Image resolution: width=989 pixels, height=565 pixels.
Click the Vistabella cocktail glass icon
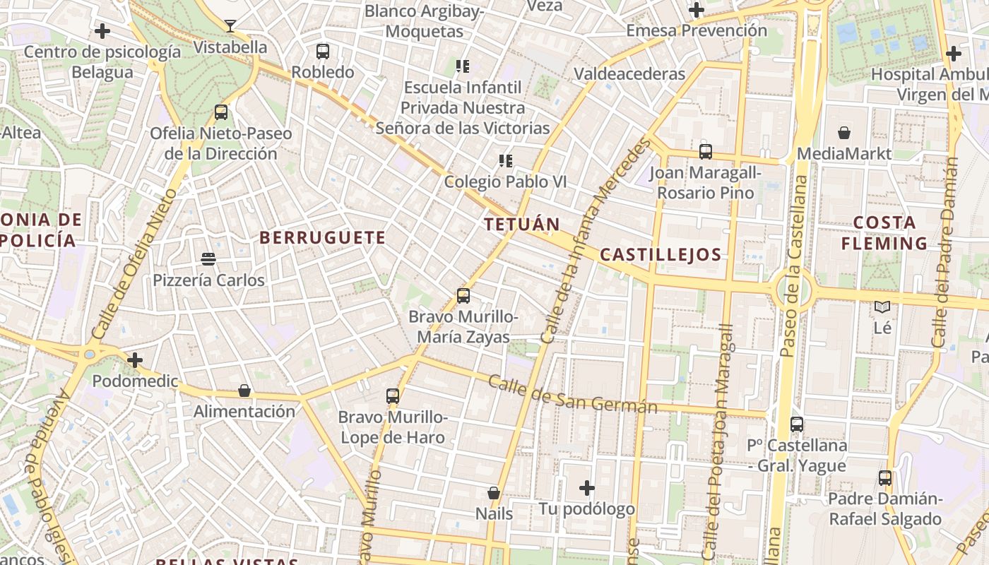point(230,26)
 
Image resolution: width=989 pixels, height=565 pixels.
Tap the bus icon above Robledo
point(323,51)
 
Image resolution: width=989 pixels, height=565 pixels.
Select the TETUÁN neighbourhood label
point(522,225)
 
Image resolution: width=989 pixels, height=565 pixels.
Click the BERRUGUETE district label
point(323,238)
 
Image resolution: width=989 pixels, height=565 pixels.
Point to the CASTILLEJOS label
point(661,255)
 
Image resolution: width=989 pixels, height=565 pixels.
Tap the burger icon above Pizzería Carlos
point(208,259)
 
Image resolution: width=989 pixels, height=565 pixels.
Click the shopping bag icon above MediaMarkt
point(843,133)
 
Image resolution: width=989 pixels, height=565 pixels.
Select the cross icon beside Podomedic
point(135,360)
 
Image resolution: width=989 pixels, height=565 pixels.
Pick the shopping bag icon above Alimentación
point(244,391)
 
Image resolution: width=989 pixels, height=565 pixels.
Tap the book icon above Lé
point(882,307)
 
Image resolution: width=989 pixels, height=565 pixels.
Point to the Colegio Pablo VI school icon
point(505,161)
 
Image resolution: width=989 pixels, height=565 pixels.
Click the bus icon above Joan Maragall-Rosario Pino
point(705,152)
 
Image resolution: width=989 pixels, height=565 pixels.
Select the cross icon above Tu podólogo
point(587,488)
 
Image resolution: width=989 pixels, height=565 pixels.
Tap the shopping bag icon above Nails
point(494,493)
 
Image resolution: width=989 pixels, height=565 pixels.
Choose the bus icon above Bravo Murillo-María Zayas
point(463,296)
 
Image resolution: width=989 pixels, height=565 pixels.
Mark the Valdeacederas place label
point(629,74)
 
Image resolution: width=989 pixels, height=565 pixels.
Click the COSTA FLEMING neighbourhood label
point(884,233)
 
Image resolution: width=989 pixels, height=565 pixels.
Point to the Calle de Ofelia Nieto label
point(133,264)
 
